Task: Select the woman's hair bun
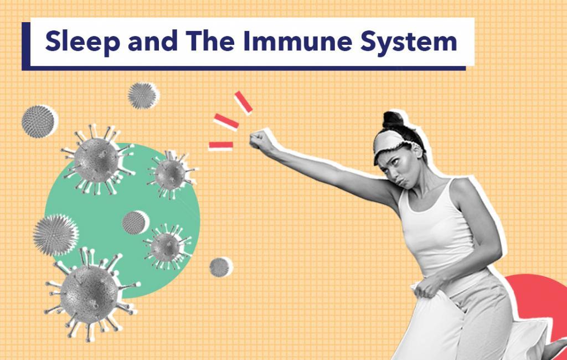(x=393, y=120)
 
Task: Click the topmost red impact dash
(x=243, y=102)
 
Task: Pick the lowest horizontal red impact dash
(x=220, y=146)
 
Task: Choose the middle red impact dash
(x=226, y=121)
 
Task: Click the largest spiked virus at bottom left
(x=90, y=294)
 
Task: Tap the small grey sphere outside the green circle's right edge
(x=220, y=267)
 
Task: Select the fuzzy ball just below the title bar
(x=143, y=95)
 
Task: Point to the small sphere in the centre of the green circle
(x=135, y=223)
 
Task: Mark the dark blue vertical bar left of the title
(x=26, y=46)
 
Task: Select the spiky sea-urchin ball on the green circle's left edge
(x=56, y=235)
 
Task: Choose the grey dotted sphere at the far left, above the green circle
(x=39, y=121)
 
